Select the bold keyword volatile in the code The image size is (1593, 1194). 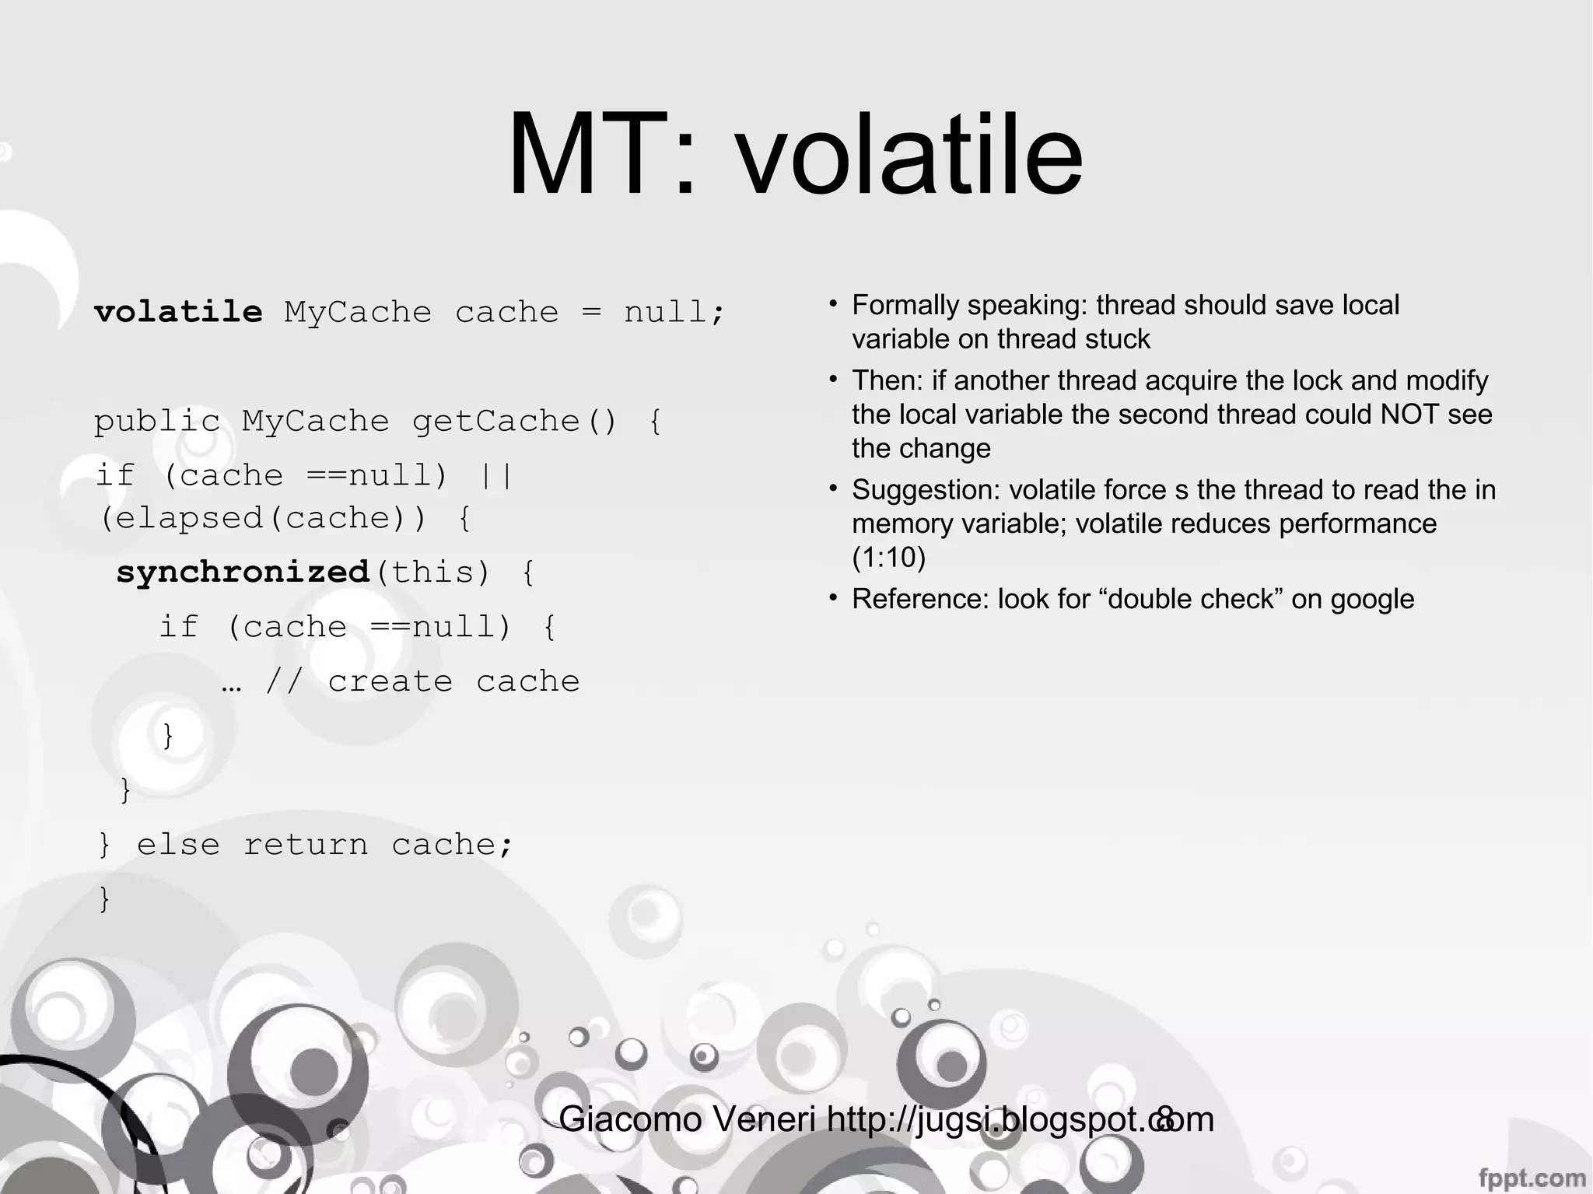(178, 312)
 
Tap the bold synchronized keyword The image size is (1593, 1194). (243, 572)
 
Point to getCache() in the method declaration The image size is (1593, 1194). (514, 422)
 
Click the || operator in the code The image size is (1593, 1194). (496, 475)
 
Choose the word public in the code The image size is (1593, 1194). (157, 422)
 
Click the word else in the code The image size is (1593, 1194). (178, 845)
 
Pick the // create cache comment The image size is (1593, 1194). (422, 681)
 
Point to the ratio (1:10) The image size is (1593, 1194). (888, 558)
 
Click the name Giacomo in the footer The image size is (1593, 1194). (631, 1120)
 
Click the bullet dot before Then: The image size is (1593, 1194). (833, 379)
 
